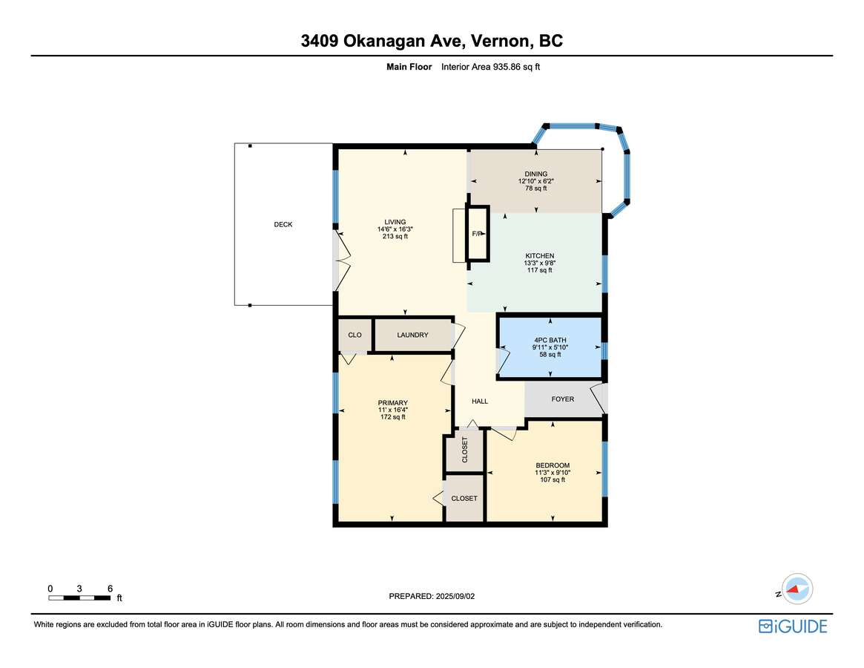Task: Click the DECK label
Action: [x=283, y=224]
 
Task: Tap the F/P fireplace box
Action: [x=478, y=233]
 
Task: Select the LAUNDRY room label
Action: [x=412, y=335]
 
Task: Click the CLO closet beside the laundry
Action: [x=354, y=335]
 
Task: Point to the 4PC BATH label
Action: [x=550, y=341]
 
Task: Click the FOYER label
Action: [x=563, y=399]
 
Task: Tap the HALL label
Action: [x=480, y=401]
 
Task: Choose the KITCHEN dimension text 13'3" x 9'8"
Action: [x=539, y=263]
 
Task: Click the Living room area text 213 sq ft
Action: [x=395, y=236]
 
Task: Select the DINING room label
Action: [x=536, y=174]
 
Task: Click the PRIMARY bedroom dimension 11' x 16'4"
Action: [x=393, y=410]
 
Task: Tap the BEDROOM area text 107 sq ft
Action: [x=553, y=479]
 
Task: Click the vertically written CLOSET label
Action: [x=464, y=450]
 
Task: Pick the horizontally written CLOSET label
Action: [x=464, y=498]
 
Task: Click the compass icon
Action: [x=797, y=589]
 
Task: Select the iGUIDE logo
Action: [x=793, y=626]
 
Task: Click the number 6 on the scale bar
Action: [x=111, y=589]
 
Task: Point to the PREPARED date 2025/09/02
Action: [x=455, y=596]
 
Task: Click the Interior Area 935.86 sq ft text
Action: [x=490, y=67]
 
